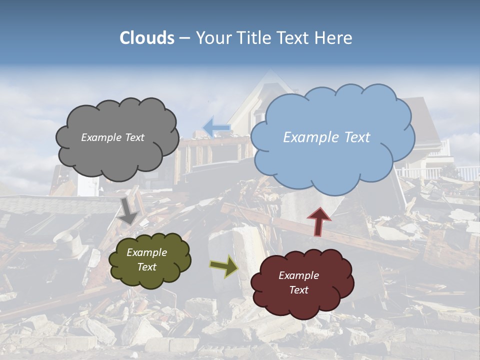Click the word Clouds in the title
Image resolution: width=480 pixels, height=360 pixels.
[147, 38]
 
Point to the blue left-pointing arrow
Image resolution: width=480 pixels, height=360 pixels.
[216, 127]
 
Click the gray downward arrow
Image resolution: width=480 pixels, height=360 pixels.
[128, 210]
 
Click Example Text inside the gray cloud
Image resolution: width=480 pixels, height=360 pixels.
[112, 137]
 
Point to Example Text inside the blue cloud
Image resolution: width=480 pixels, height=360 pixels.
[326, 137]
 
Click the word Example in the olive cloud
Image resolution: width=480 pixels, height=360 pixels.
[146, 252]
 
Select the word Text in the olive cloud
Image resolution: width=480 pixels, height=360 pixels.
[146, 267]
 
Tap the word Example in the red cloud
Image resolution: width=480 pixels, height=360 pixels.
[298, 275]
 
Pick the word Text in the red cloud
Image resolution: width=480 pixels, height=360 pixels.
[298, 290]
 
